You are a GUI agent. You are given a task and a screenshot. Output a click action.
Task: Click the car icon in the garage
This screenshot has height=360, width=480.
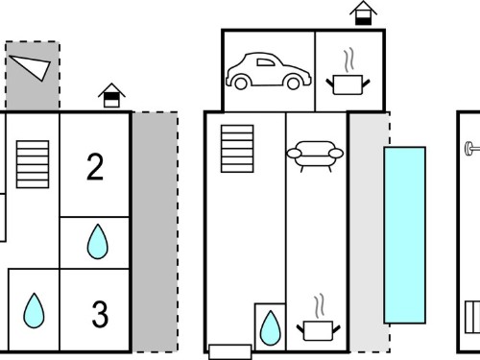tap(268, 71)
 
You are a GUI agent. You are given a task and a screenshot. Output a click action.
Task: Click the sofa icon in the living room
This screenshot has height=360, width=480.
tap(315, 156)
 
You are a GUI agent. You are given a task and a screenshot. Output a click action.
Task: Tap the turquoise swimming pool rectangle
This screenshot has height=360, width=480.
tap(405, 235)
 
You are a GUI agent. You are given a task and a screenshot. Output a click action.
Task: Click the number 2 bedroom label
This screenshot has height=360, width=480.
tap(95, 167)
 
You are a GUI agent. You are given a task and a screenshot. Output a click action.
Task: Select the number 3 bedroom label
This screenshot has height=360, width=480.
tap(100, 314)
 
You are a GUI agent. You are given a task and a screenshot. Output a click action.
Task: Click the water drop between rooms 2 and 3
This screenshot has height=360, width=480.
tap(98, 242)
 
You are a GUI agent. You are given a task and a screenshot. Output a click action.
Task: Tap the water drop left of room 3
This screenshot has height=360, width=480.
tap(34, 311)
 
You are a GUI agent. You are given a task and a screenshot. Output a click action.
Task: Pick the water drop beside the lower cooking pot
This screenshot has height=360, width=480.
tap(271, 328)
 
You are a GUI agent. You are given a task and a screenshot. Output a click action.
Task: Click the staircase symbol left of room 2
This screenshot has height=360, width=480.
tap(33, 164)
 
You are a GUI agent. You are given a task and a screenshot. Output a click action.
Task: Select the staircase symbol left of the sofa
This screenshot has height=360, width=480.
tap(237, 149)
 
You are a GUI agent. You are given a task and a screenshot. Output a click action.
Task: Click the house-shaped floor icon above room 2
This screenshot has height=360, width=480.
tap(111, 95)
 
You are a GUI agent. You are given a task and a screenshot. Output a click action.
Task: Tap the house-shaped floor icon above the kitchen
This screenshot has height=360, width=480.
tap(363, 13)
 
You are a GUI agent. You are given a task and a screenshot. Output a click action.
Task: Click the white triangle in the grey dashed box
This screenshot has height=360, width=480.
tap(32, 66)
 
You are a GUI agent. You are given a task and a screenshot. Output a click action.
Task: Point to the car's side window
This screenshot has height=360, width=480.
tap(266, 62)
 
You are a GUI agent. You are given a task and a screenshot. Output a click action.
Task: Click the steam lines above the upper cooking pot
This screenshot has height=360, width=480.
tap(349, 60)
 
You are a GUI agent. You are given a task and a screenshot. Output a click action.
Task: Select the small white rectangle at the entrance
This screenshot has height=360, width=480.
tap(230, 352)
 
